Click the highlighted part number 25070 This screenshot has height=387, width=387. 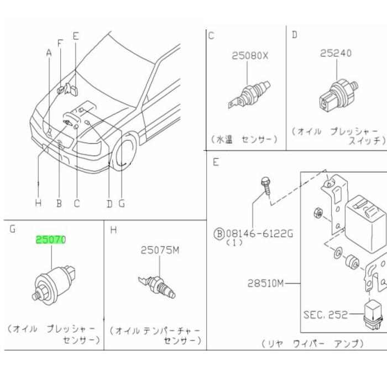[51, 240]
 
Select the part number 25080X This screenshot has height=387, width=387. [249, 56]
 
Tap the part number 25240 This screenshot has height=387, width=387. [336, 54]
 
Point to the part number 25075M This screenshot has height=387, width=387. [160, 250]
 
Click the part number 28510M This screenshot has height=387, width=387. [265, 284]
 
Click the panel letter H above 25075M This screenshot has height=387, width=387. [113, 229]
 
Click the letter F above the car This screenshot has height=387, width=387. [60, 43]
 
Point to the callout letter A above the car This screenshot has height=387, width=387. [49, 53]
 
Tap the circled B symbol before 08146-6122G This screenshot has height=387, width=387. [219, 233]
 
